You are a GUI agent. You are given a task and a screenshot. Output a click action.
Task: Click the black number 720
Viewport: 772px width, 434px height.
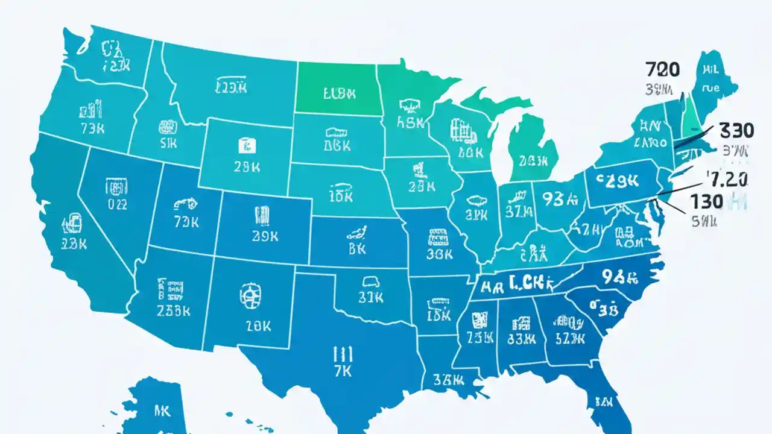click(662, 69)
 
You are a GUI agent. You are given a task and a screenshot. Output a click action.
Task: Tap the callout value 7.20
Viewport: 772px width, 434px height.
click(729, 179)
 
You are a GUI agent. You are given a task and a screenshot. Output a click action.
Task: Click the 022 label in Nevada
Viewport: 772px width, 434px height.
click(118, 204)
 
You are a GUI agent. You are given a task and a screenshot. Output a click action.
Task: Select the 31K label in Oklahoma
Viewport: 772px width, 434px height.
click(370, 297)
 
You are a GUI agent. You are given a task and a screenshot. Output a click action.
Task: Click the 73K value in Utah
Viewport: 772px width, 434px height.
click(186, 222)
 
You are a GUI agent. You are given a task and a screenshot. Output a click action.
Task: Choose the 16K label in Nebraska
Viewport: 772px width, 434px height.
click(341, 197)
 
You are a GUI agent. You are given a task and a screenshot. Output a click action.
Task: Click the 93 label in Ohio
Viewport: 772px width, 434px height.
click(559, 198)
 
